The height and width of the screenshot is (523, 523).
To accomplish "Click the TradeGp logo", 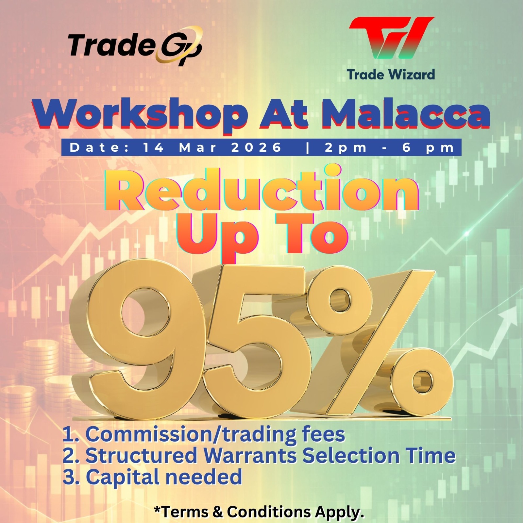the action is [x=135, y=46].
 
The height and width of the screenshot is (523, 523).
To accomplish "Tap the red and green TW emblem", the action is [x=392, y=38].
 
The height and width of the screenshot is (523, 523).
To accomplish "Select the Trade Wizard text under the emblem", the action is [x=391, y=75].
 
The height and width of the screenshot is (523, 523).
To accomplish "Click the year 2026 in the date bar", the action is [x=256, y=147].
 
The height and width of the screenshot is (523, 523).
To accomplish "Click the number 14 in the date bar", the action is [x=154, y=147].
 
